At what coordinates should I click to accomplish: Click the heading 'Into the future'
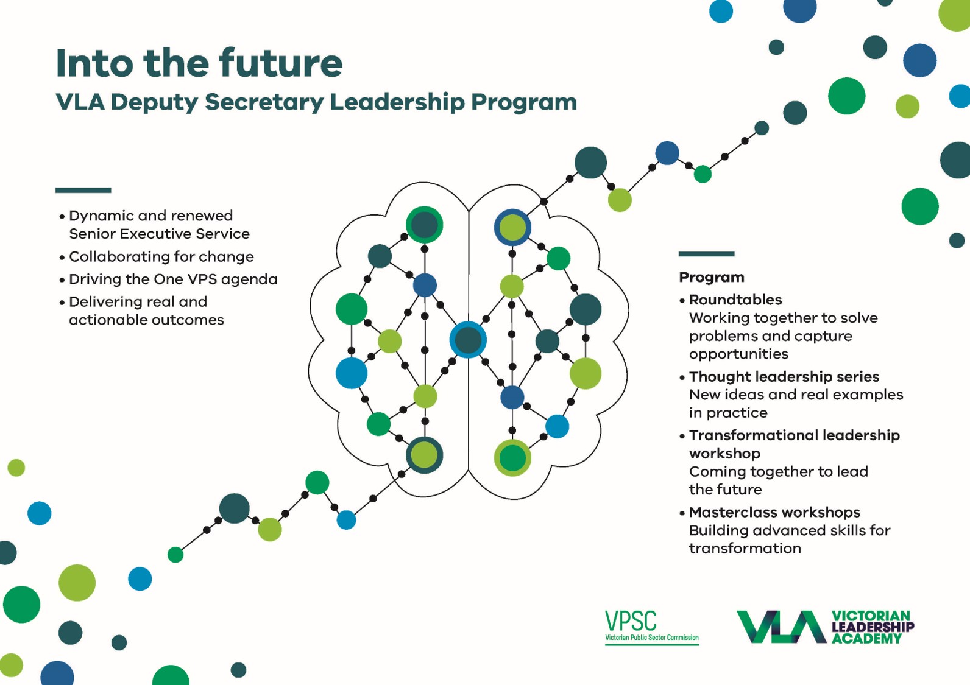click(199, 63)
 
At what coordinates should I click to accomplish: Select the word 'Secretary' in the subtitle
click(264, 102)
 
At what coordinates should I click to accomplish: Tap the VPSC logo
click(652, 627)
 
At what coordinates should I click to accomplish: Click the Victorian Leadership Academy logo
click(826, 627)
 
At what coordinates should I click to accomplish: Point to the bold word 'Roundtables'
click(735, 300)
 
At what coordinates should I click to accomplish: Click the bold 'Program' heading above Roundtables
click(712, 278)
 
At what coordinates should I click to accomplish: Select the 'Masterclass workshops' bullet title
click(774, 512)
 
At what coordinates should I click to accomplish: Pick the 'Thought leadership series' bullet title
click(784, 376)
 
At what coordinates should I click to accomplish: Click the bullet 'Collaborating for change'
click(161, 256)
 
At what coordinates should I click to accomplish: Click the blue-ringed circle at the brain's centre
click(468, 340)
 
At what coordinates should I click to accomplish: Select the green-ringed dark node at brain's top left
click(424, 225)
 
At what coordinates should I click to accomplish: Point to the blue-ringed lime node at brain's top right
click(512, 228)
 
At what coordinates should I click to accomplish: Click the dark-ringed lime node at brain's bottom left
click(424, 455)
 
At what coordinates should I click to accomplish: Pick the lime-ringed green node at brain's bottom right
click(512, 458)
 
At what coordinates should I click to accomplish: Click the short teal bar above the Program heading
click(706, 254)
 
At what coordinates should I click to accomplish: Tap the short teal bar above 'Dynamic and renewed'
click(83, 191)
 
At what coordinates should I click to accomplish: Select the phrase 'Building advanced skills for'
click(790, 530)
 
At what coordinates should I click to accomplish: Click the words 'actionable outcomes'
click(146, 320)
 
